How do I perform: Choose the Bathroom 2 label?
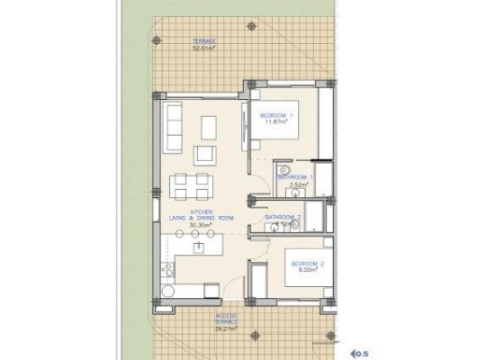tap(283, 218)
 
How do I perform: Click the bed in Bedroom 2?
tap(298, 268)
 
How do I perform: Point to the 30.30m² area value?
tap(201, 225)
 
